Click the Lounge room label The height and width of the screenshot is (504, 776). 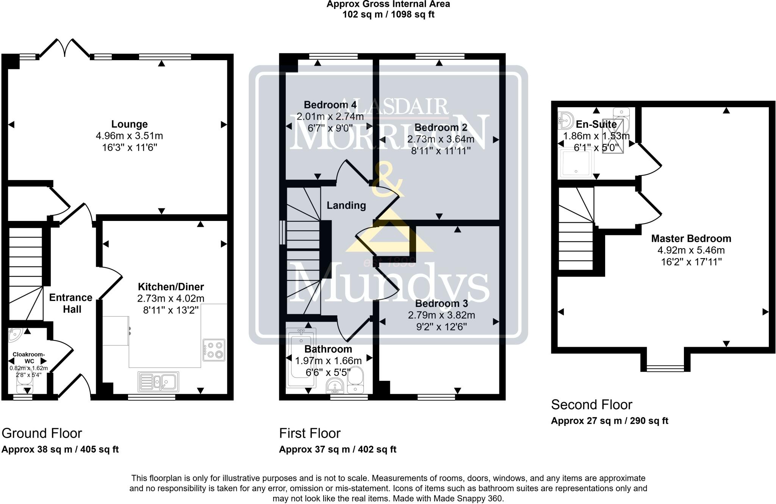click(x=129, y=124)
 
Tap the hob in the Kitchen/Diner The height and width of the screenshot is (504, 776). click(x=214, y=350)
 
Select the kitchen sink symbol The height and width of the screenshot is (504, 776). click(x=158, y=382)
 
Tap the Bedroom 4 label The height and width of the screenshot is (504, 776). click(x=330, y=105)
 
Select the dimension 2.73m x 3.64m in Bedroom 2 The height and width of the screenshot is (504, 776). click(x=441, y=139)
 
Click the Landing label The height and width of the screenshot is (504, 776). click(x=346, y=205)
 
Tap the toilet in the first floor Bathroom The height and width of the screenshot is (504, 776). click(x=355, y=380)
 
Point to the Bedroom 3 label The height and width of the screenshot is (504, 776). click(x=441, y=304)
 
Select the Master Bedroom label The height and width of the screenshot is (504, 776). click(x=691, y=239)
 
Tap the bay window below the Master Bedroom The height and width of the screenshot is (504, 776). click(x=665, y=368)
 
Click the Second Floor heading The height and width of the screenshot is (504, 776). click(x=591, y=405)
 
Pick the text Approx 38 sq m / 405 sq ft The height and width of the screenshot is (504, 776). click(x=60, y=449)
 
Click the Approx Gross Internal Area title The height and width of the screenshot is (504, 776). click(x=388, y=5)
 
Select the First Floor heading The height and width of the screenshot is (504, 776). click(x=310, y=433)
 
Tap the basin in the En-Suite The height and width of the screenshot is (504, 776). click(x=565, y=120)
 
